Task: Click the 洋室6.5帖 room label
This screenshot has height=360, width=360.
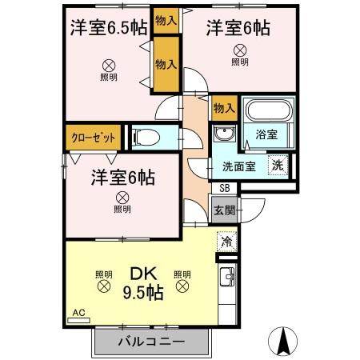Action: coord(107,27)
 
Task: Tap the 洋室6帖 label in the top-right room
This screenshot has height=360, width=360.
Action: coord(238,27)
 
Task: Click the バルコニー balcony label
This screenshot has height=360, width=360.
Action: coord(152,342)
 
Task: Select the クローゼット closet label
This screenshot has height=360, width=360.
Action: coord(94,137)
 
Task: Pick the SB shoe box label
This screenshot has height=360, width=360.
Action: coord(224,188)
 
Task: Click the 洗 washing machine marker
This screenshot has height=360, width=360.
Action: coord(276,166)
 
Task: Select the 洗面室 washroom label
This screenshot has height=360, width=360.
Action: coord(239,167)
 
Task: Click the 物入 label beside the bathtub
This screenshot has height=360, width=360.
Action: coord(223,107)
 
